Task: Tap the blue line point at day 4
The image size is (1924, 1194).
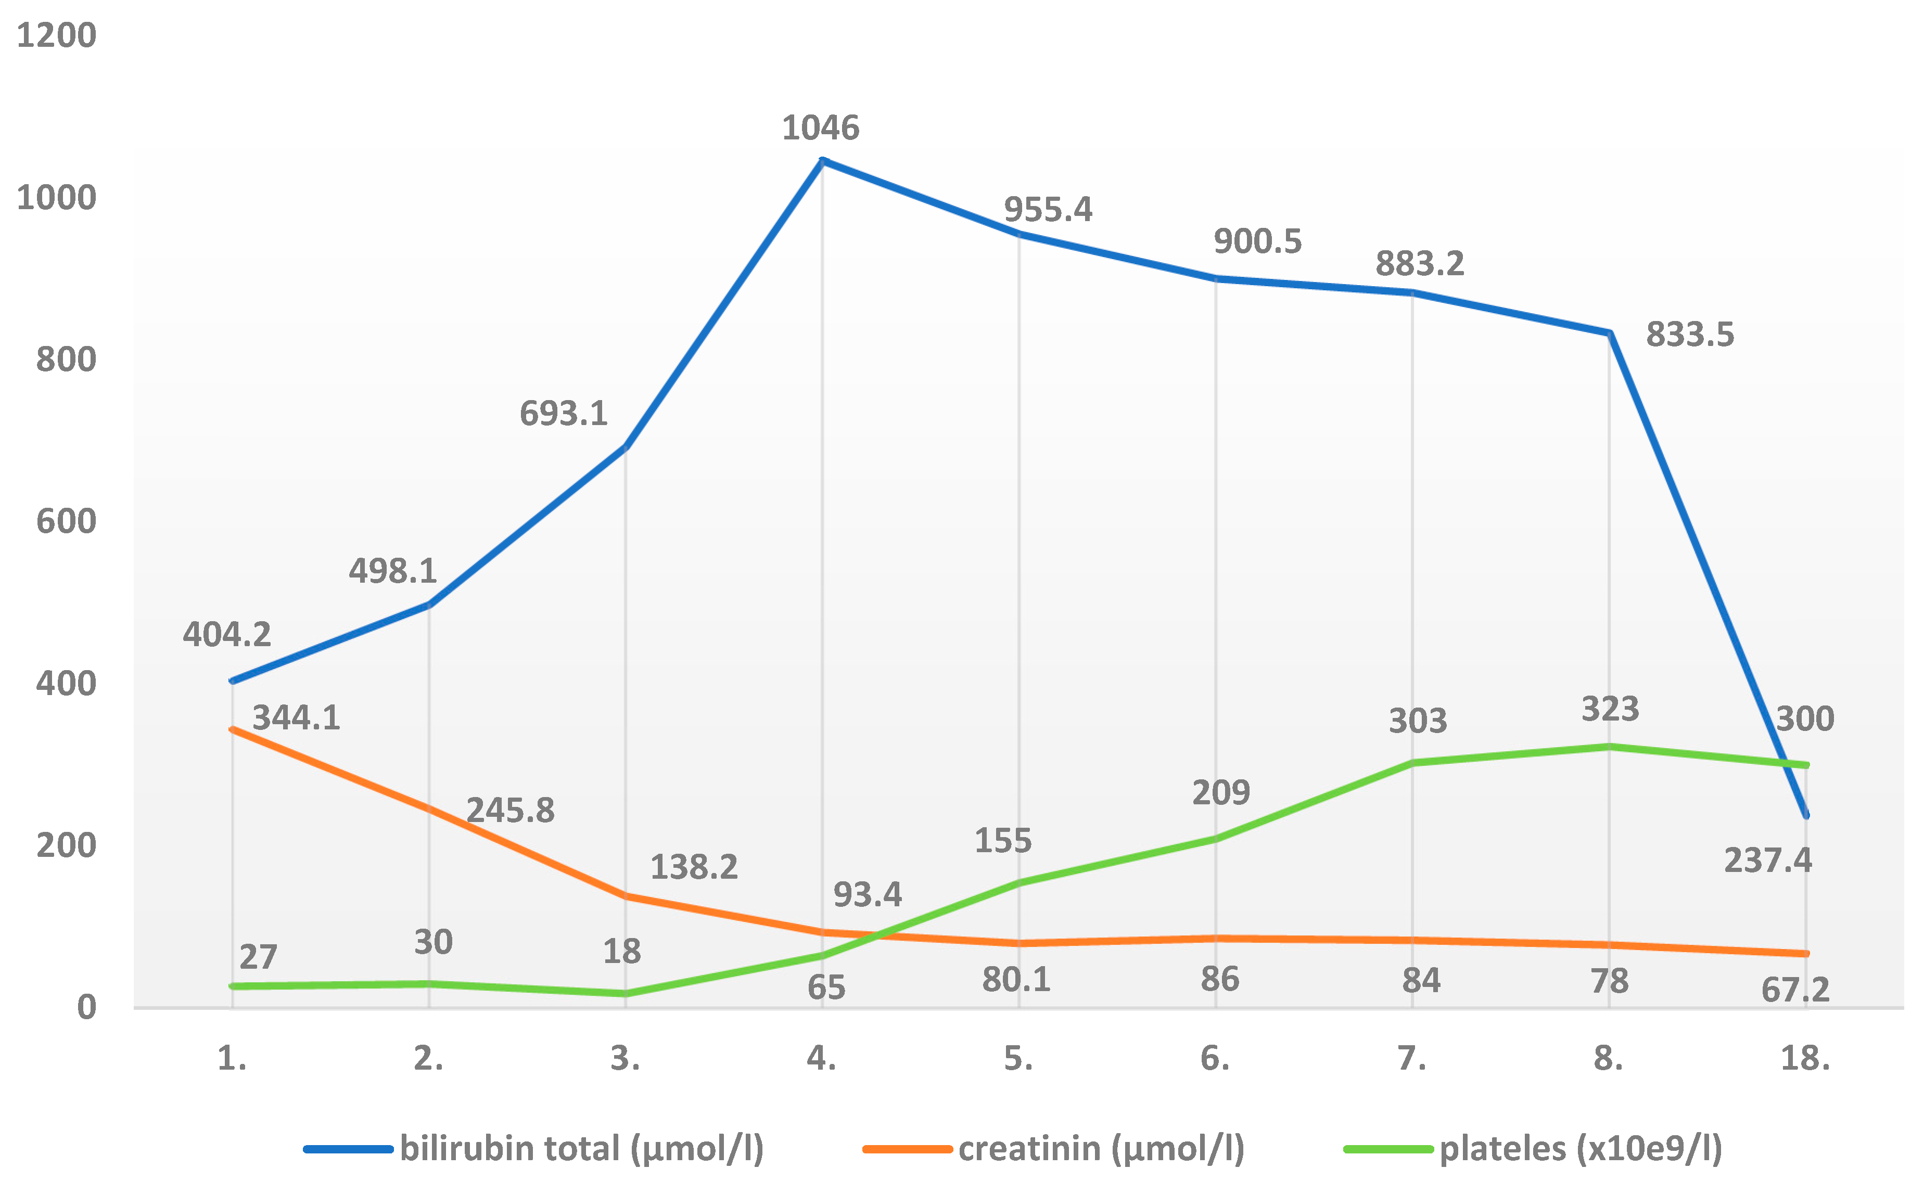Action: point(822,161)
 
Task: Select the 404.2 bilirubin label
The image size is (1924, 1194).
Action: point(227,635)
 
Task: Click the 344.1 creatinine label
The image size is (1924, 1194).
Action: point(296,718)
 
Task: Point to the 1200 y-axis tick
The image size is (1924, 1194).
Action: point(56,35)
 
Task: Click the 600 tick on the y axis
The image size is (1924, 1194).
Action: point(66,522)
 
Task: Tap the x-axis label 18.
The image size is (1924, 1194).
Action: point(1805,1059)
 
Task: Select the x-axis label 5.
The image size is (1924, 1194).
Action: point(1018,1059)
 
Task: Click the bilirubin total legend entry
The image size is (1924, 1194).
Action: point(581,1148)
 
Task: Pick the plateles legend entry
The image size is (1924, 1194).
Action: point(1579,1148)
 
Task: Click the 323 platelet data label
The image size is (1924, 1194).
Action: point(1610,709)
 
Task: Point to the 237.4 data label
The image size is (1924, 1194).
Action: point(1768,861)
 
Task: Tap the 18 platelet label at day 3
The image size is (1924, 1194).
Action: point(621,952)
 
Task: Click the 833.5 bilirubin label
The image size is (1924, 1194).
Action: point(1689,335)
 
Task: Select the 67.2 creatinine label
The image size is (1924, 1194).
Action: point(1794,990)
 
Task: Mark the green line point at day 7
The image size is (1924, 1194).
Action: point(1412,763)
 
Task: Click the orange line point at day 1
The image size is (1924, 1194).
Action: point(232,729)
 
